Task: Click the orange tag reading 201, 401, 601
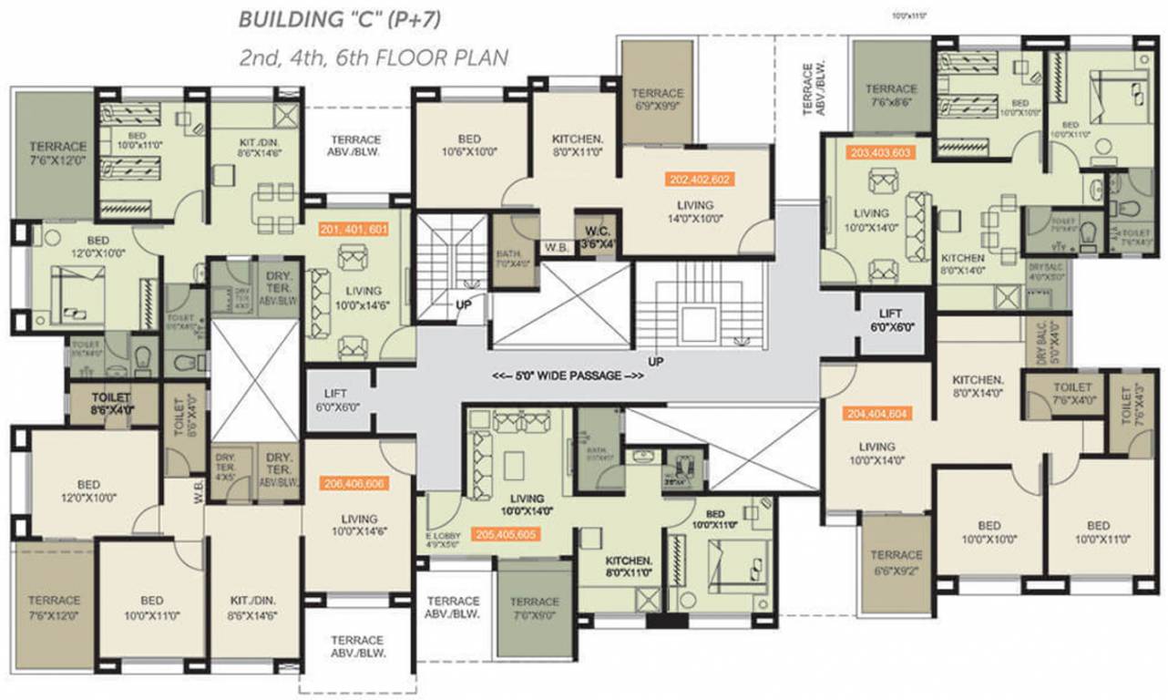pos(353,229)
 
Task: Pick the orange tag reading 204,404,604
pos(876,413)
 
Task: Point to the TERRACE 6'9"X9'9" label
pos(658,98)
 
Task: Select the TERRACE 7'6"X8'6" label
pos(890,95)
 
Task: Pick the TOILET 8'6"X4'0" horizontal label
pos(111,404)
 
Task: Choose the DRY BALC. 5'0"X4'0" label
pos(1038,347)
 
